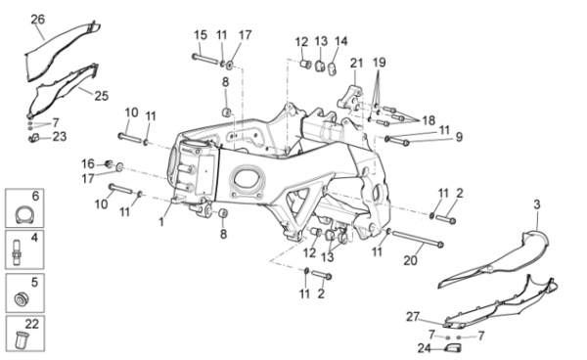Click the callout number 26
tap(37, 20)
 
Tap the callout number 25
tap(101, 96)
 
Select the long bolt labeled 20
tap(416, 239)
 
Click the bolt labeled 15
tap(205, 59)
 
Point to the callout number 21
tap(357, 63)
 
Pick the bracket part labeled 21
tap(350, 99)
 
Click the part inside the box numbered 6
tap(24, 214)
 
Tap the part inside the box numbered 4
tap(18, 252)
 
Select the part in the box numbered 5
tap(22, 298)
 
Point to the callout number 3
tap(537, 204)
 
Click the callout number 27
tap(413, 317)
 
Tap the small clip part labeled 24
tap(452, 348)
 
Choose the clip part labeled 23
tap(34, 138)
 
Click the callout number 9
tap(459, 137)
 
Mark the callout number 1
tap(161, 222)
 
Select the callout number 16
tap(88, 164)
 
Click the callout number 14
tap(341, 41)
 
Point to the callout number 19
tap(379, 63)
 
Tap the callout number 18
tap(429, 120)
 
